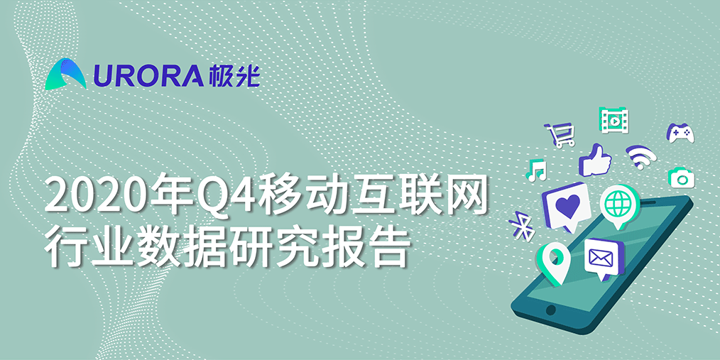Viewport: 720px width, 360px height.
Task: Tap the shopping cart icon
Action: tap(560, 134)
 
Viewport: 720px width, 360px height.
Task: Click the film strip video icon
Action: tap(614, 120)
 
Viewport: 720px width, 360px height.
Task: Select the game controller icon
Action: tap(680, 133)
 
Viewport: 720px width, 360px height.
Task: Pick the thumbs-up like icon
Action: tap(595, 160)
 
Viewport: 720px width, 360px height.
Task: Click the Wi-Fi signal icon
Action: tap(640, 157)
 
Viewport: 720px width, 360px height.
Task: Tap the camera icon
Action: tap(682, 178)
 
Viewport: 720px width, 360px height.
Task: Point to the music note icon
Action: tap(536, 170)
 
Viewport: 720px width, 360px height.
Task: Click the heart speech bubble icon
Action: tap(566, 206)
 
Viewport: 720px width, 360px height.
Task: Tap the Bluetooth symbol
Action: tap(522, 226)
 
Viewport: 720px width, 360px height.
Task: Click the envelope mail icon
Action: tap(604, 258)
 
